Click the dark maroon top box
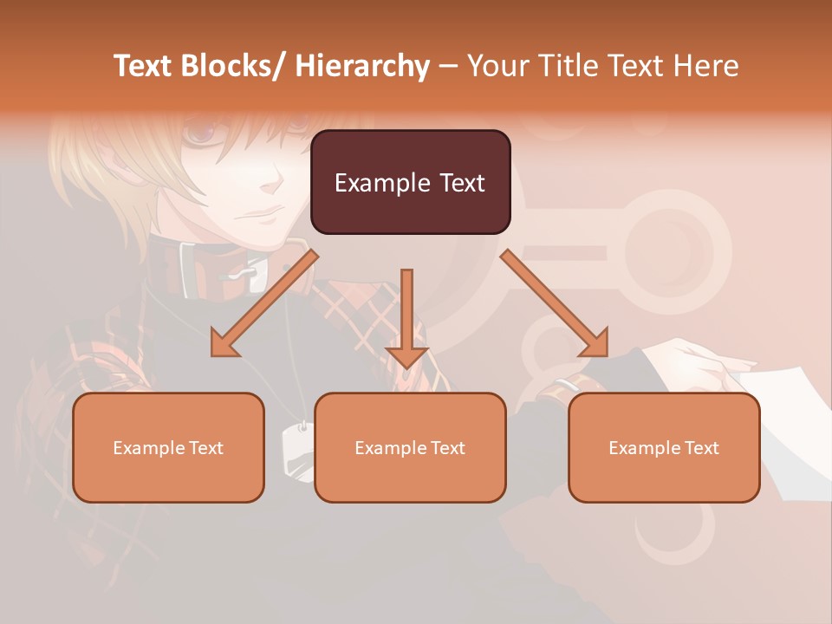410,182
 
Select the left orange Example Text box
168,447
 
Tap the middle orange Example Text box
410,447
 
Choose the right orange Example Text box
664,447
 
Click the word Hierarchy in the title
362,66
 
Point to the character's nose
276,184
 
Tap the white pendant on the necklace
296,451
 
